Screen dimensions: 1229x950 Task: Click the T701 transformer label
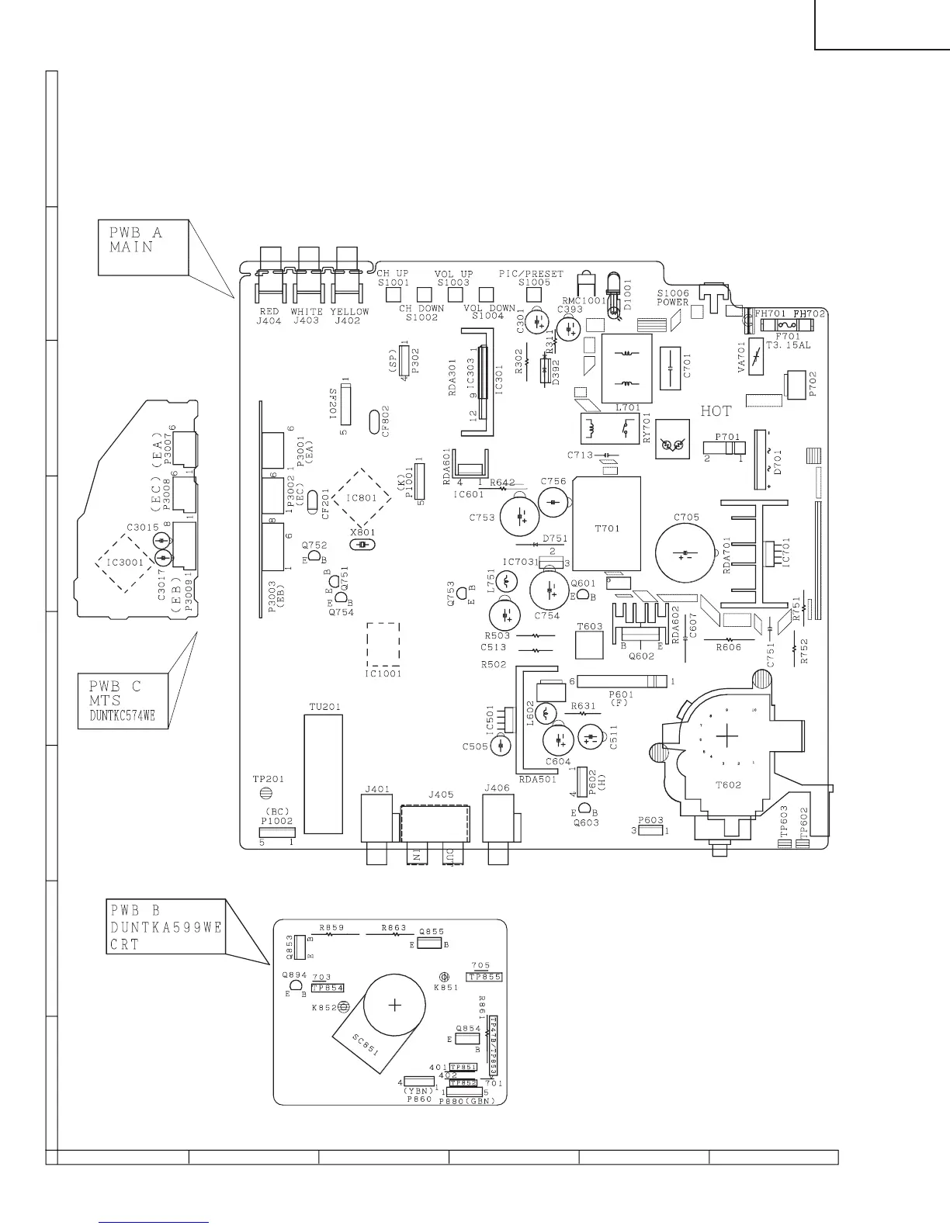607,528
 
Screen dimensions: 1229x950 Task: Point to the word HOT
716,411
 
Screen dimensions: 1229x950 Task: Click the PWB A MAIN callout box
143,248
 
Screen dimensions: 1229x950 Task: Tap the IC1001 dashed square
383,645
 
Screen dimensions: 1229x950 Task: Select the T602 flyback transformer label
728,784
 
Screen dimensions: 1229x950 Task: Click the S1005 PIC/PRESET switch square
533,294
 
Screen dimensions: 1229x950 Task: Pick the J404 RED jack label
269,320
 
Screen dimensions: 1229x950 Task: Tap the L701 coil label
627,407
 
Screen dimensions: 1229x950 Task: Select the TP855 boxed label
485,977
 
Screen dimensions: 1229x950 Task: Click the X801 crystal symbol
362,545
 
